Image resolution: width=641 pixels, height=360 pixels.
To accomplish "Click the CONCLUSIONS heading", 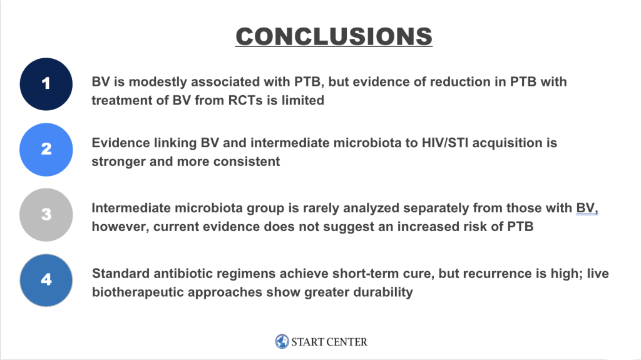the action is click(x=334, y=36).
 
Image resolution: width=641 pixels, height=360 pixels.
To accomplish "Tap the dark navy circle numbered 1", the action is click(x=46, y=84).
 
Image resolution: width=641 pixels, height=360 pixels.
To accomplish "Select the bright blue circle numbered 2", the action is click(x=46, y=149).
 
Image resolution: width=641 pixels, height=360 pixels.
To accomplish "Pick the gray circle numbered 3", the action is click(x=46, y=215).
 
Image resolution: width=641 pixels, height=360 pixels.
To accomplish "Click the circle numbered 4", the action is click(x=46, y=280).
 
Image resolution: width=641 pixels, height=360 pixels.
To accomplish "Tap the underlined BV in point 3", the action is click(x=587, y=208).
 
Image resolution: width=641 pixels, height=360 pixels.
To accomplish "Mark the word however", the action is click(x=120, y=227).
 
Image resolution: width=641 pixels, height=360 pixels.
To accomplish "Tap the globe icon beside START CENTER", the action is click(x=282, y=341).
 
